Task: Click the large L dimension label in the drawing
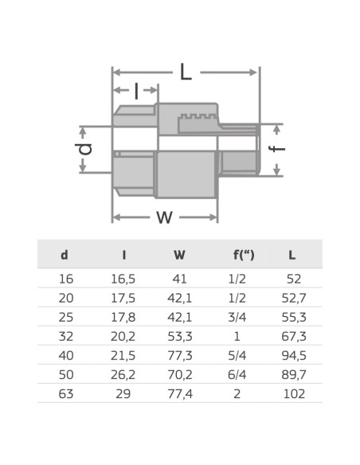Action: tap(186, 72)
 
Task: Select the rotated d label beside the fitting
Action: tap(86, 148)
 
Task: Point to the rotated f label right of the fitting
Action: tap(278, 149)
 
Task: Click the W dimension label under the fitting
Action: tap(164, 217)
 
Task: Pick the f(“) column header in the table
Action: tap(244, 256)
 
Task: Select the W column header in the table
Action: tap(179, 256)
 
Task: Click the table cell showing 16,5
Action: tap(123, 279)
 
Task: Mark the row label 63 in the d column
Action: tap(65, 393)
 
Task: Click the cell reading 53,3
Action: tap(179, 336)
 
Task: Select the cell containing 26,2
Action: tap(123, 374)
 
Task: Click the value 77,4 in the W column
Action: tap(179, 393)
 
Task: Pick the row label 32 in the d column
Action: tap(65, 336)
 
